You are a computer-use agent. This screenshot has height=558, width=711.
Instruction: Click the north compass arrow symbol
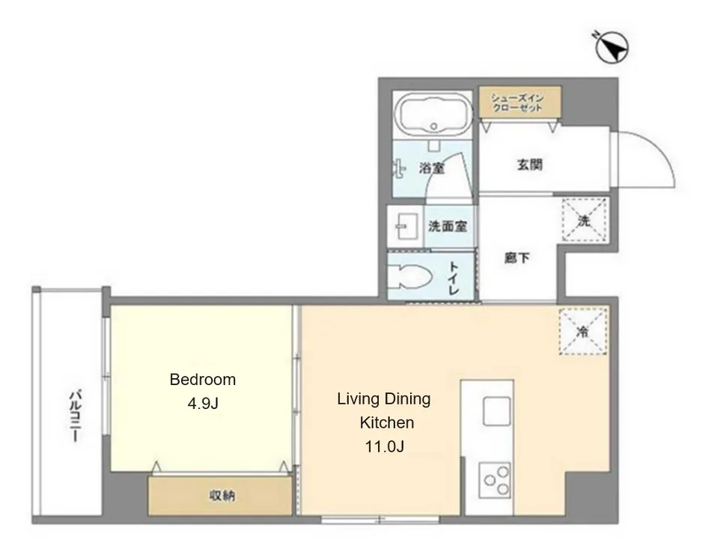tap(611, 46)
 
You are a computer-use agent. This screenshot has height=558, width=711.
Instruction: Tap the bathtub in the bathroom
tap(433, 115)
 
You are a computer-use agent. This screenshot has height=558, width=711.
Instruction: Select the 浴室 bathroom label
tap(432, 169)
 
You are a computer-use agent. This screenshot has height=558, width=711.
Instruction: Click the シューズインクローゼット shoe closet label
tap(517, 103)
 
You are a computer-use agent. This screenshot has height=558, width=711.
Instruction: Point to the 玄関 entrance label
tap(530, 164)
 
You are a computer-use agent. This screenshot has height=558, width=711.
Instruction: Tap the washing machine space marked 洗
tap(585, 220)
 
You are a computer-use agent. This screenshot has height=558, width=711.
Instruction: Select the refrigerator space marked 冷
tap(583, 331)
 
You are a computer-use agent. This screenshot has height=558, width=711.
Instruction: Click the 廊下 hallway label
tap(517, 258)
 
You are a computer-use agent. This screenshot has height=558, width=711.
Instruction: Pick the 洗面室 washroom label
tap(448, 226)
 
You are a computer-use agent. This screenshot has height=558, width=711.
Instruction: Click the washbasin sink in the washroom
tap(406, 226)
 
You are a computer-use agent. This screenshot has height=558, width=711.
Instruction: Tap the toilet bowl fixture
tap(410, 276)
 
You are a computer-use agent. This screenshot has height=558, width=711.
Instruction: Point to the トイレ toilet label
tap(454, 278)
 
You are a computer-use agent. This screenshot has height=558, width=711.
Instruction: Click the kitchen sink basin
tap(496, 411)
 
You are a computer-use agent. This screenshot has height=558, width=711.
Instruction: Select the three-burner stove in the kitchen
tap(495, 480)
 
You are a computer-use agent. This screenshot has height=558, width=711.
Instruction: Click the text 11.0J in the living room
tap(385, 447)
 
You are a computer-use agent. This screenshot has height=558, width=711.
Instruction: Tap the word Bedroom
tap(203, 379)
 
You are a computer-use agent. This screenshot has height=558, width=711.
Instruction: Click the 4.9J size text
tap(203, 403)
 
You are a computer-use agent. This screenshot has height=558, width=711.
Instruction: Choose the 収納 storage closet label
tap(222, 496)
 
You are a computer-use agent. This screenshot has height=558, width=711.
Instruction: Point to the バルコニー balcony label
tap(75, 415)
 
